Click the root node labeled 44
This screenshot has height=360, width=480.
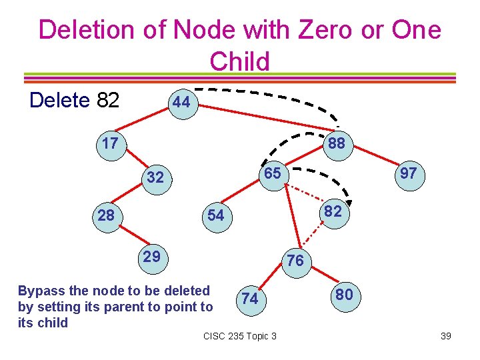(x=181, y=103)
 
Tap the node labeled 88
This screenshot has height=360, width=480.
(x=336, y=144)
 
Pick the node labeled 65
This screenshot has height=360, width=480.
(x=271, y=173)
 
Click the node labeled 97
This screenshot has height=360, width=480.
(x=408, y=174)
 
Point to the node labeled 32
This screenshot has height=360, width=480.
(x=155, y=178)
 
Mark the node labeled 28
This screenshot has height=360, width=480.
(x=106, y=215)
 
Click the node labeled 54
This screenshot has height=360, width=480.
(x=215, y=215)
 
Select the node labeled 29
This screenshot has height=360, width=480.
(x=152, y=257)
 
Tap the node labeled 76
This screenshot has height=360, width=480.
(x=295, y=261)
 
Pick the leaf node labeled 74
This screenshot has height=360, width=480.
(x=250, y=299)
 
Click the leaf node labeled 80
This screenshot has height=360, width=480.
(x=344, y=295)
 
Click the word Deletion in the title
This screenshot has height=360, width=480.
(x=100, y=30)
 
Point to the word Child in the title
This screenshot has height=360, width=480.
(x=239, y=61)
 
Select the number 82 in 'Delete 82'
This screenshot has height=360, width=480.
(x=108, y=101)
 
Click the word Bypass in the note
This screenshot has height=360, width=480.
(x=41, y=291)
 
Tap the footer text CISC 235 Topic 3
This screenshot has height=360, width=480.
(x=239, y=335)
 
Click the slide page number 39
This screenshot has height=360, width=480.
(x=446, y=335)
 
